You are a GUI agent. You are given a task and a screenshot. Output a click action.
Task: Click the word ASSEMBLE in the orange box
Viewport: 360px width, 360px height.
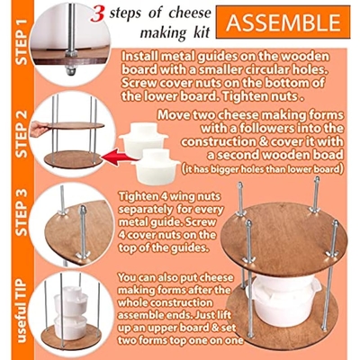pyautogui.click(x=283, y=22)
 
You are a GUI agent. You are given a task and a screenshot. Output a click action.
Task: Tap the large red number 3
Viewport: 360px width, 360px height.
pyautogui.click(x=98, y=14)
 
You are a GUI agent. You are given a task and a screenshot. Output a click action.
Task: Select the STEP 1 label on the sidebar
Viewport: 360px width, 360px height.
pyautogui.click(x=22, y=41)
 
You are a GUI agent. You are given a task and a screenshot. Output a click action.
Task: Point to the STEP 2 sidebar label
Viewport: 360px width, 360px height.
pyautogui.click(x=22, y=134)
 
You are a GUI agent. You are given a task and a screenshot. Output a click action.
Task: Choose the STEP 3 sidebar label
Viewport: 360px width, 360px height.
pyautogui.click(x=22, y=212)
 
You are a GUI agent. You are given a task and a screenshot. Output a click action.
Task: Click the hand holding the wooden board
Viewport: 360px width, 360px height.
pyautogui.click(x=39, y=129)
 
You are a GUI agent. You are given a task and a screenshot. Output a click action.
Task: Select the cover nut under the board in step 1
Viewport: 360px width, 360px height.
pyautogui.click(x=70, y=71)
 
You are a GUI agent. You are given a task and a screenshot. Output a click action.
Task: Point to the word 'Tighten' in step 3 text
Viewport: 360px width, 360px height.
pyautogui.click(x=139, y=197)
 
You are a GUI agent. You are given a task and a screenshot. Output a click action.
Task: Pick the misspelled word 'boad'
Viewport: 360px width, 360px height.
pyautogui.click(x=329, y=155)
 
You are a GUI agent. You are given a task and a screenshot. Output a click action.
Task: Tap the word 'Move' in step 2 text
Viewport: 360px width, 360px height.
pyautogui.click(x=172, y=115)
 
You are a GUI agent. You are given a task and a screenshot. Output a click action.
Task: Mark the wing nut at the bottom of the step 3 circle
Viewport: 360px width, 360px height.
pyautogui.click(x=83, y=256)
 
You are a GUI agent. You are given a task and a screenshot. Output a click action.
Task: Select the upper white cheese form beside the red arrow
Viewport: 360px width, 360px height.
pyautogui.click(x=144, y=139)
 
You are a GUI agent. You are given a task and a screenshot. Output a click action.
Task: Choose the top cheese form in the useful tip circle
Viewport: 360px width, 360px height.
pyautogui.click(x=71, y=300)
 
